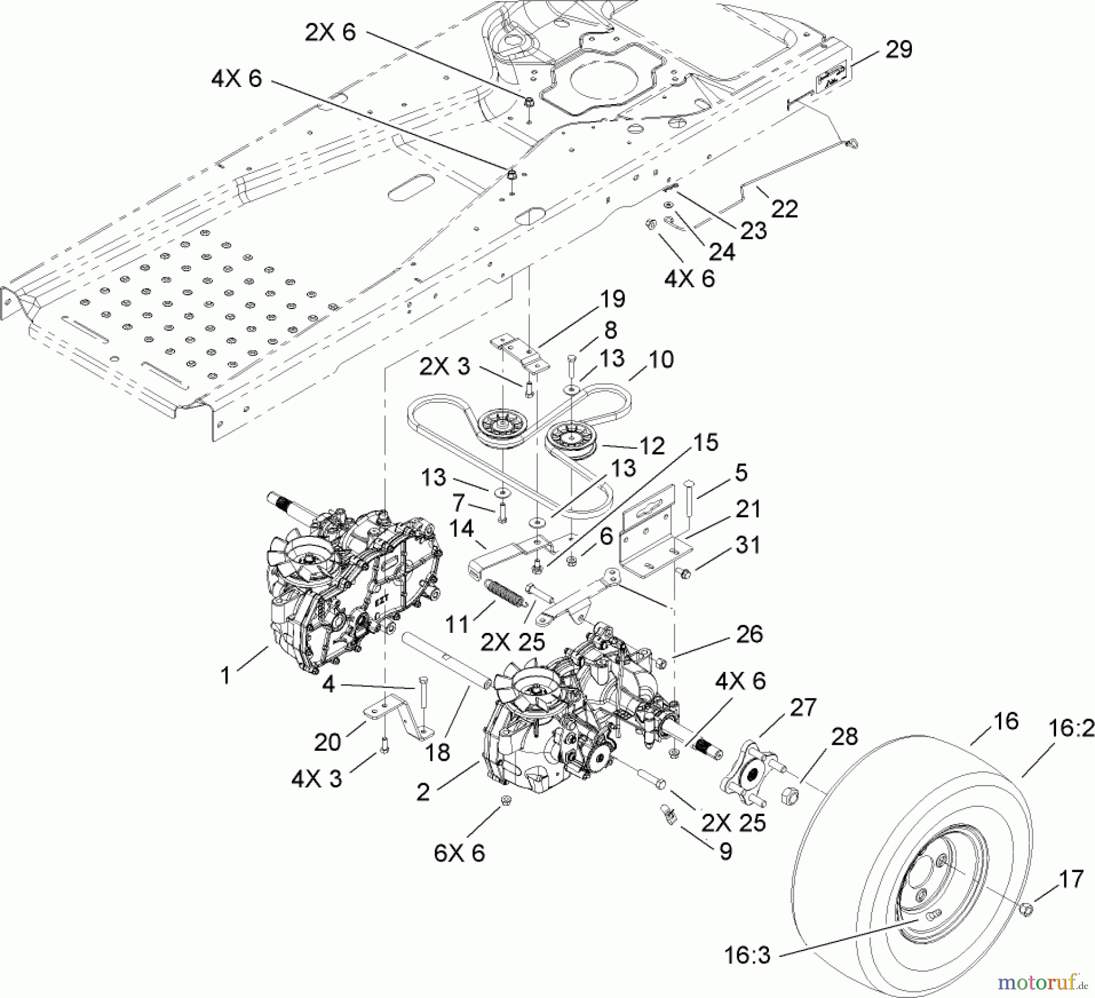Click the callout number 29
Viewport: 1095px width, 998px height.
pyautogui.click(x=899, y=49)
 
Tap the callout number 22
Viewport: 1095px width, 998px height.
pyautogui.click(x=784, y=209)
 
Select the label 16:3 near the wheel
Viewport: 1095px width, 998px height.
pyautogui.click(x=747, y=955)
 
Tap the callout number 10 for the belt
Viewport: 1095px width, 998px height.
pyautogui.click(x=661, y=360)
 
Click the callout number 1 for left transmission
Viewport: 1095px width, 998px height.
pyautogui.click(x=226, y=675)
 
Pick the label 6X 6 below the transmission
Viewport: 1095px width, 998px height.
pyautogui.click(x=459, y=853)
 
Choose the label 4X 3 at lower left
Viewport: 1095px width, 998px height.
pyautogui.click(x=316, y=779)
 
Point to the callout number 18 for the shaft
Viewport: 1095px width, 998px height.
pyautogui.click(x=437, y=752)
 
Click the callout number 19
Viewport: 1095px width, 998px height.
pyautogui.click(x=613, y=299)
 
